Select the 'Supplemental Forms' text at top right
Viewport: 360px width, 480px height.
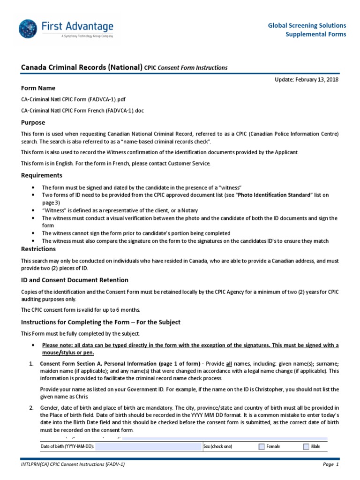click(316, 34)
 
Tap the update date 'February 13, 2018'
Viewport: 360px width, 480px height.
click(317, 79)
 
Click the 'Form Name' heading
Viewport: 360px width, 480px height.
click(38, 88)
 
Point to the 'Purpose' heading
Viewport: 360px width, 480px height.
click(33, 122)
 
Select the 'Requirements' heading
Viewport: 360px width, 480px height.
click(41, 175)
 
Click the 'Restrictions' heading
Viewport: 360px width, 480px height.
click(38, 249)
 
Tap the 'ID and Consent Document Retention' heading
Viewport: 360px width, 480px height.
click(75, 280)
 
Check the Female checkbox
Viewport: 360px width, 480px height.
click(262, 447)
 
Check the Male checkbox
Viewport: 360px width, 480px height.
click(306, 447)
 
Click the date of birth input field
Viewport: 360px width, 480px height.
click(148, 447)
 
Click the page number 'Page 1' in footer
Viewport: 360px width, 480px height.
click(330, 465)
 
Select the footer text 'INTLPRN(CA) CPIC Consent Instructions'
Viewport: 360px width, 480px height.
click(66, 465)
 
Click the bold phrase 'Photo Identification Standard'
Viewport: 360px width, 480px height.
click(274, 195)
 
